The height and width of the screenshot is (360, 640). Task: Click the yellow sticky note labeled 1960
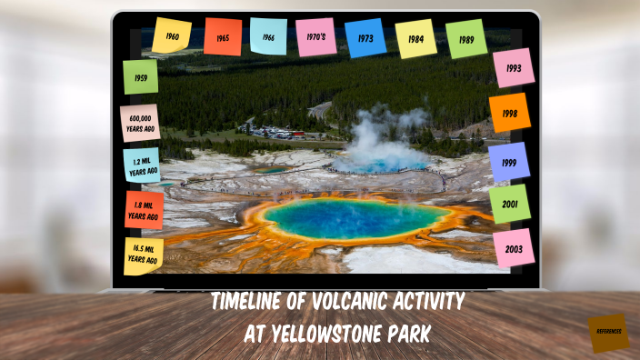pos(172,36)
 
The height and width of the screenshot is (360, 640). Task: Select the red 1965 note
pos(223,37)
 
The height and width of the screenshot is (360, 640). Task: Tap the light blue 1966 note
pos(268,37)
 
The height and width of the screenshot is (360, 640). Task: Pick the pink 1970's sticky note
pos(316,37)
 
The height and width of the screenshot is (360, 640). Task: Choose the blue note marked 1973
pos(365,38)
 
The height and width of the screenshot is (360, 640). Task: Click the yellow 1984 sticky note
pos(415,39)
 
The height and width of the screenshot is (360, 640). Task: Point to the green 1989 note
pos(466,39)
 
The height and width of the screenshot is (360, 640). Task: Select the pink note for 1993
pos(514,67)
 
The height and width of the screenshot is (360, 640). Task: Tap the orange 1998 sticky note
pos(509,114)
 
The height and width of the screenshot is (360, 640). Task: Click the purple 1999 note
pos(509,161)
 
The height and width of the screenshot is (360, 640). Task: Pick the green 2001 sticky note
pos(509,205)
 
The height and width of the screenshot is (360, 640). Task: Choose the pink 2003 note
pos(514,248)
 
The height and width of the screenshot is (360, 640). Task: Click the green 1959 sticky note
pos(141,77)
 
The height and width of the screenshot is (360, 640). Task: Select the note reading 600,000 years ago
pos(140,124)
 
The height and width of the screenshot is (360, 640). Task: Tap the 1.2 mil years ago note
pos(141,165)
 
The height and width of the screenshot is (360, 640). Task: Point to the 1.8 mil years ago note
pos(144,211)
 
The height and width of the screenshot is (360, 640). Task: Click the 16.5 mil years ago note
pos(143,255)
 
